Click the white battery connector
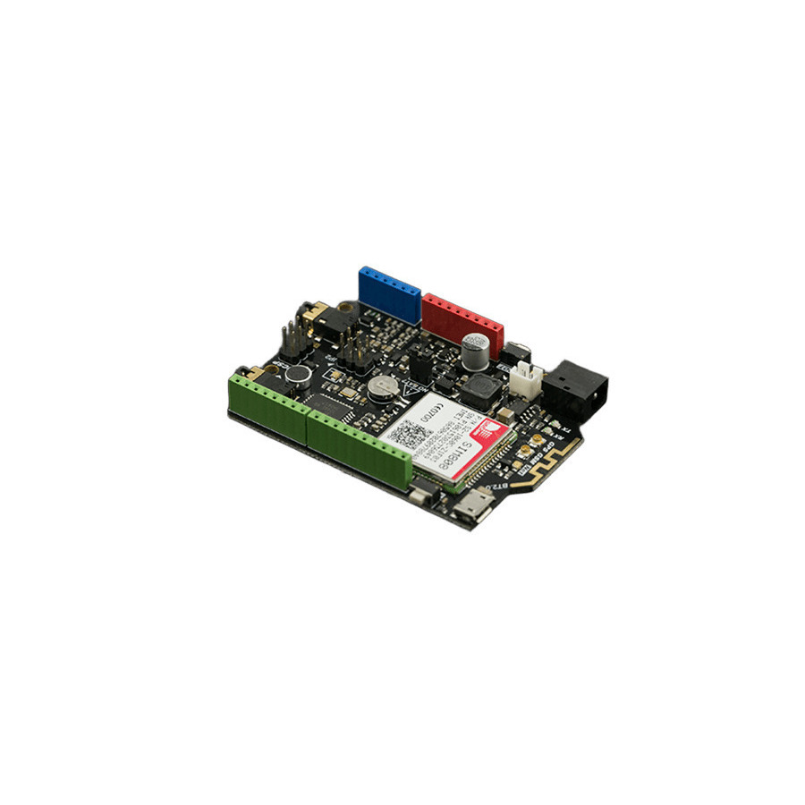coord(527,379)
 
